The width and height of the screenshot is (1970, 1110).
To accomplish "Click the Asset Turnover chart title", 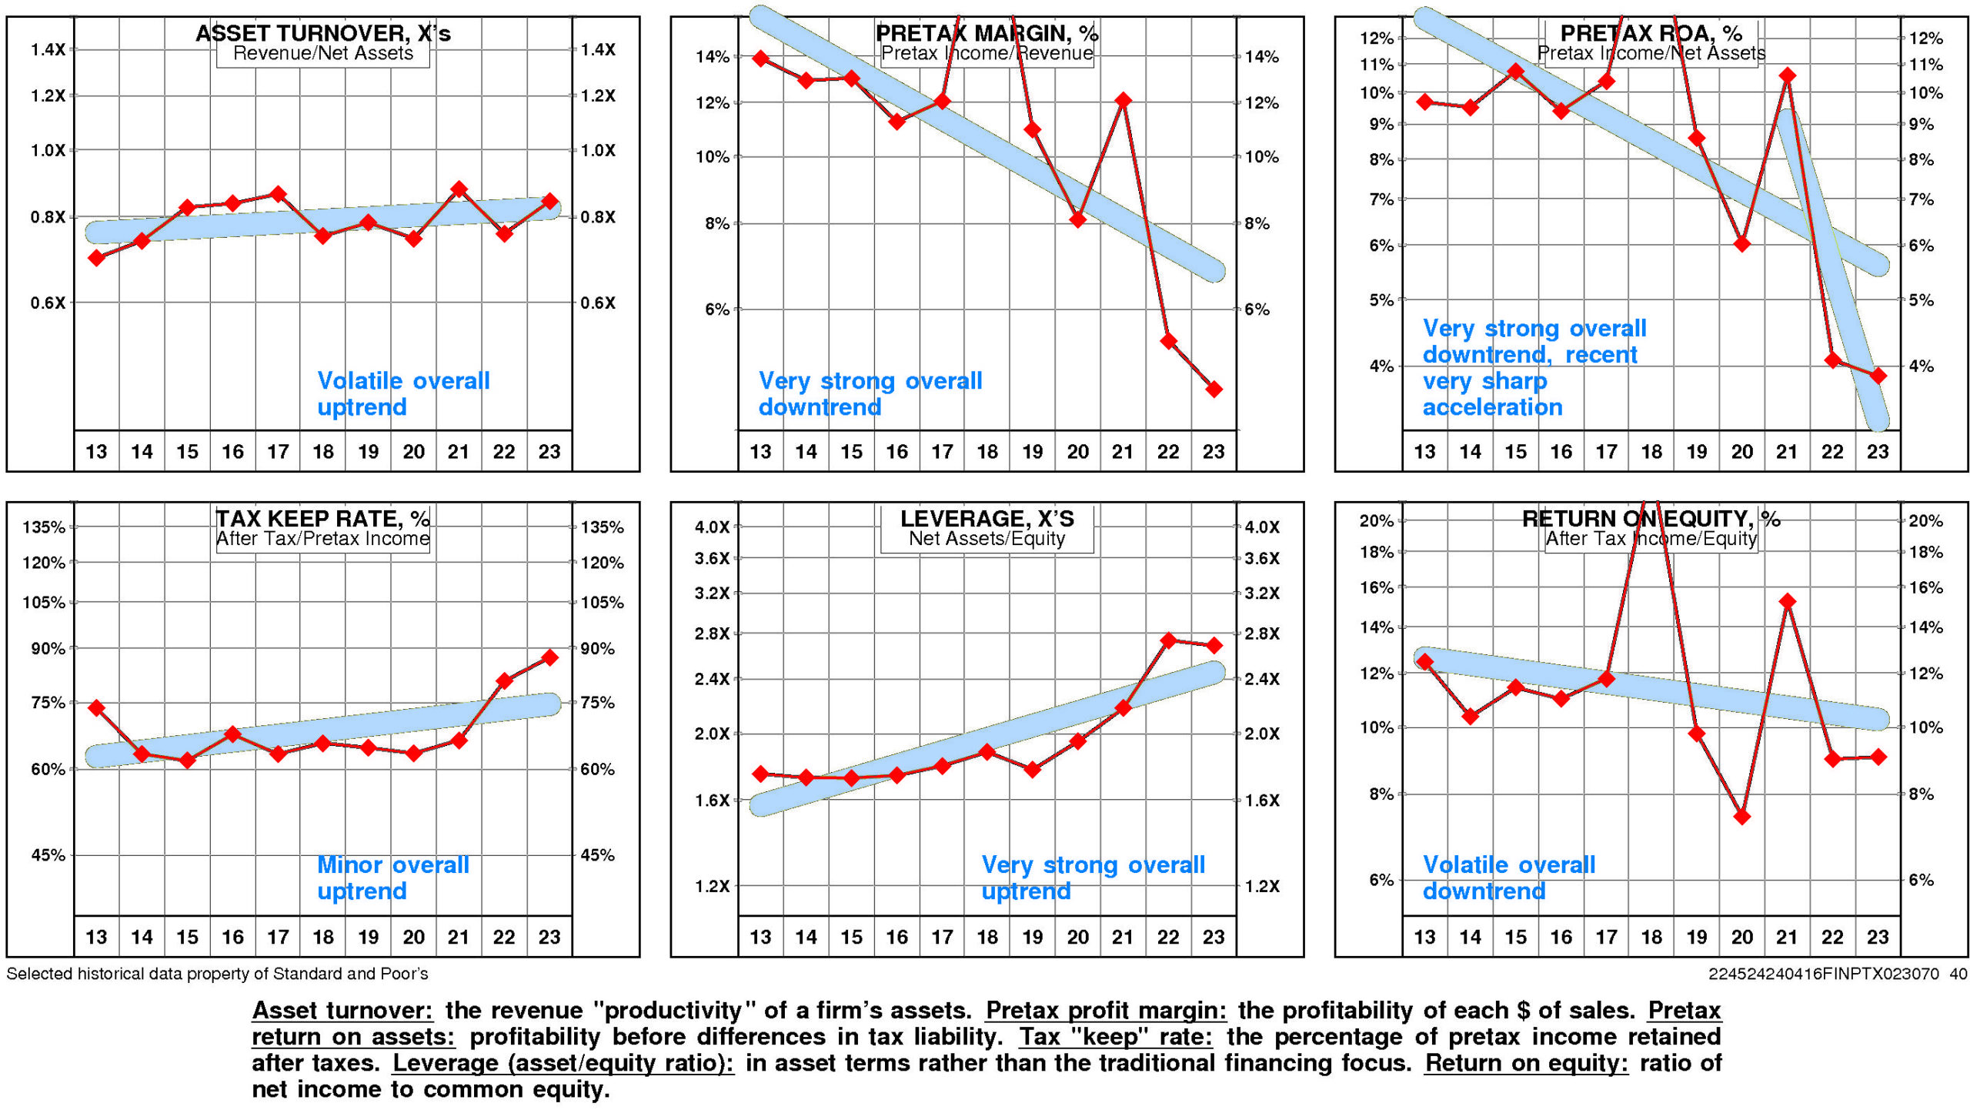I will tap(322, 33).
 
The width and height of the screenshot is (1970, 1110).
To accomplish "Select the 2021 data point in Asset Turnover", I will tap(459, 189).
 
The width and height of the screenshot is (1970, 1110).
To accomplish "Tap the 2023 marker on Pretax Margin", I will tap(1214, 390).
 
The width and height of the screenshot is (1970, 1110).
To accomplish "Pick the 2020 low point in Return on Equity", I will tap(1742, 817).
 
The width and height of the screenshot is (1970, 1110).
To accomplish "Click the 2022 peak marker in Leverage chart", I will tap(1168, 640).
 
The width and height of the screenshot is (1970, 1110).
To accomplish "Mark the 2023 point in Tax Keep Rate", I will tap(549, 657).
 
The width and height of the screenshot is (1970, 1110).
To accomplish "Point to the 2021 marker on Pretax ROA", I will tap(1788, 75).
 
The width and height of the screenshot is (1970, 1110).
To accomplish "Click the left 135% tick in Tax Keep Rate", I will tap(44, 527).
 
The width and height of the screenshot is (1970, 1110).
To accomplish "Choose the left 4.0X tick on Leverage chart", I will tap(712, 527).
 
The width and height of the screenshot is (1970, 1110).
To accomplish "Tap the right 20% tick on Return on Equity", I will tap(1925, 521).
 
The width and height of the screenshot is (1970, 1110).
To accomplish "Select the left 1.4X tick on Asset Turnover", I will tap(48, 50).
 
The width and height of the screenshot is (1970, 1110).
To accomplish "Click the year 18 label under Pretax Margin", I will tap(987, 452).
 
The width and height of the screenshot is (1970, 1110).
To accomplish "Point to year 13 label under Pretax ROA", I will tap(1424, 452).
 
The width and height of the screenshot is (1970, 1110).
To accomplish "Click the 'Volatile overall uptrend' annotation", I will tap(402, 393).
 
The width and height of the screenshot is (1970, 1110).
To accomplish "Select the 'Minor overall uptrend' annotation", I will tap(392, 878).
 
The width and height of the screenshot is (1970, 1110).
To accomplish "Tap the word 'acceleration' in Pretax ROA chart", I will tap(1492, 407).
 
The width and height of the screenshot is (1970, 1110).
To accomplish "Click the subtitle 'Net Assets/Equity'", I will tap(987, 539).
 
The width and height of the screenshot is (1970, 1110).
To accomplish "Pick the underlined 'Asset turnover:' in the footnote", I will tap(342, 1011).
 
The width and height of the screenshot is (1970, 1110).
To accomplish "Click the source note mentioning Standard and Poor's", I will tap(217, 974).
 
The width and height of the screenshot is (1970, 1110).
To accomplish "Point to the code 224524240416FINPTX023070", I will tap(1823, 974).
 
